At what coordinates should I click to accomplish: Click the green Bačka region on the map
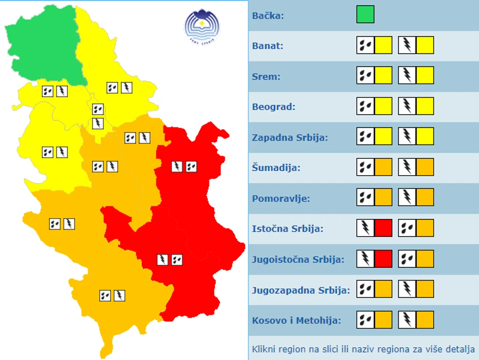pyautogui.click(x=43, y=48)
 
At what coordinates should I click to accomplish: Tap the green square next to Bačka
pyautogui.click(x=365, y=14)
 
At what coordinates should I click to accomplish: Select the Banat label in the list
pyautogui.click(x=268, y=46)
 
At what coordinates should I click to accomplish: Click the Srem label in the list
pyautogui.click(x=265, y=76)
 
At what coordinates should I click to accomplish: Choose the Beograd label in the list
pyautogui.click(x=274, y=107)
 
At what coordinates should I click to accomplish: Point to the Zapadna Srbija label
pyautogui.click(x=289, y=137)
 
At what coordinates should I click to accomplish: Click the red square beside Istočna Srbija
pyautogui.click(x=383, y=228)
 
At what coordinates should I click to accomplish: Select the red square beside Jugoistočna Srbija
pyautogui.click(x=383, y=259)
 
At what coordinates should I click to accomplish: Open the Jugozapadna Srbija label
pyautogui.click(x=301, y=290)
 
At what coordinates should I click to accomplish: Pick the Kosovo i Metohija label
pyautogui.click(x=296, y=321)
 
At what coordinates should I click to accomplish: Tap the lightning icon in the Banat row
pyautogui.click(x=407, y=45)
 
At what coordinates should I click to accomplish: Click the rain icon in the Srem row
pyautogui.click(x=365, y=76)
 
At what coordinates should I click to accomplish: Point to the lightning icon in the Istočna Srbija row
pyautogui.click(x=365, y=228)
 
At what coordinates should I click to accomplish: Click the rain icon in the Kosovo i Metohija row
pyautogui.click(x=365, y=320)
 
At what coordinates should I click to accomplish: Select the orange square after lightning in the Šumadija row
pyautogui.click(x=425, y=168)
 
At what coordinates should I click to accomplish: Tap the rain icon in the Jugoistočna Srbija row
pyautogui.click(x=407, y=259)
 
